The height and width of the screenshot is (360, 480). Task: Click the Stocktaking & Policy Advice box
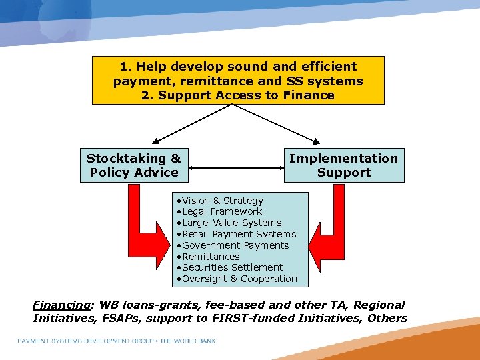pos(134,165)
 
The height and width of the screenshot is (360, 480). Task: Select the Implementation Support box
pos(344,165)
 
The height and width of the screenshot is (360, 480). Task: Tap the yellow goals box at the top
pos(238,81)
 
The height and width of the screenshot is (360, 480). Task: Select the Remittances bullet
pos(211,257)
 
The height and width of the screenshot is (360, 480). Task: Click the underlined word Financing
pos(61,305)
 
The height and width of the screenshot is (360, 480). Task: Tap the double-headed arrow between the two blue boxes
pos(236,165)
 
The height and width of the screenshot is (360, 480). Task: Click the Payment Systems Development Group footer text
pos(117,341)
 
